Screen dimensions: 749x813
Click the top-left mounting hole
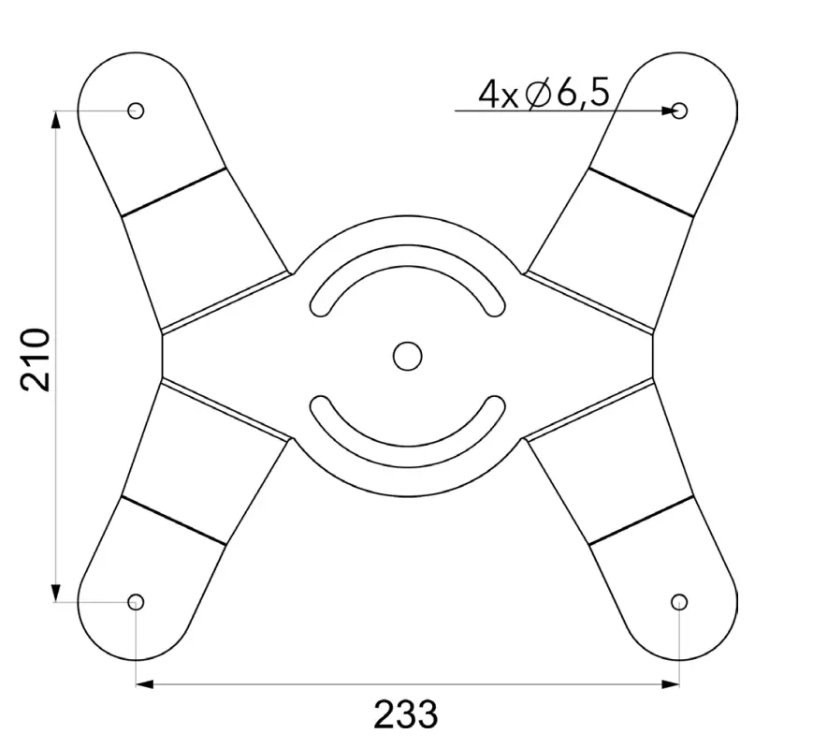click(x=136, y=110)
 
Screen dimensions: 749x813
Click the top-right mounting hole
click(x=680, y=110)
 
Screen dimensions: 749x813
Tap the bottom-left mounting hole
click(x=136, y=601)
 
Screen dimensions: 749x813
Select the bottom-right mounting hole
click(x=680, y=601)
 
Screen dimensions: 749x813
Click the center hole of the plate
click(x=407, y=355)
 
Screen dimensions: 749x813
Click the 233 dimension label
click(x=405, y=714)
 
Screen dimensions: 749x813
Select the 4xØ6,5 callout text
click(x=544, y=94)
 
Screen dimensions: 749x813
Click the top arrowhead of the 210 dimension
click(x=57, y=120)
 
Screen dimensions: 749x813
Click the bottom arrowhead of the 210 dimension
click(x=57, y=592)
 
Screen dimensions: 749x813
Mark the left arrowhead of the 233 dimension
click(x=145, y=685)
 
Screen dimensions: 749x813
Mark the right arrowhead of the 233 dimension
click(x=671, y=685)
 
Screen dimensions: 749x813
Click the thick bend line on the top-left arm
click(x=174, y=193)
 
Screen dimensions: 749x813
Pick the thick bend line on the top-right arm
click(x=642, y=193)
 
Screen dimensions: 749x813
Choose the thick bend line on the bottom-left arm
click(x=174, y=521)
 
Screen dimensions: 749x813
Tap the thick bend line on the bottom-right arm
click(x=642, y=521)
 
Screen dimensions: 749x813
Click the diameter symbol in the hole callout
click(x=538, y=95)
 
